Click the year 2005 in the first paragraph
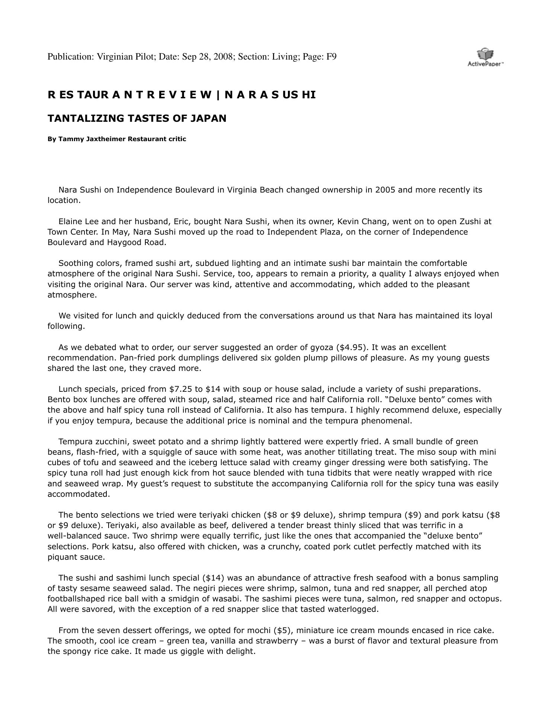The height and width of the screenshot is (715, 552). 385,190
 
